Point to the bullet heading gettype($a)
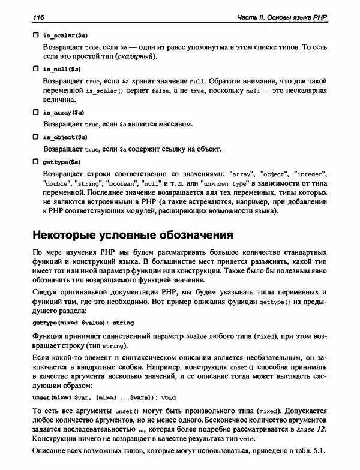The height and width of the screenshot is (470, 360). coord(62,162)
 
